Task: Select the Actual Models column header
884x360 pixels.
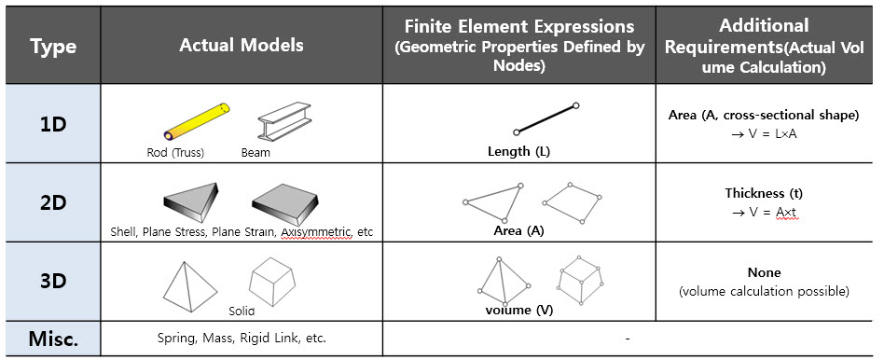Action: tap(242, 45)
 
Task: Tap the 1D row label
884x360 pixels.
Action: tap(53, 123)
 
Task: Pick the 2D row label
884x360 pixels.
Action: tap(53, 202)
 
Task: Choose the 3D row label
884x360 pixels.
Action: tap(53, 282)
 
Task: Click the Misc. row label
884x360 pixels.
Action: tap(53, 339)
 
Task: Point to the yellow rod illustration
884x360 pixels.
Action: tap(197, 120)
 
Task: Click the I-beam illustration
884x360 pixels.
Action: tap(284, 120)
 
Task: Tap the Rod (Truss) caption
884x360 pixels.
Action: tap(175, 152)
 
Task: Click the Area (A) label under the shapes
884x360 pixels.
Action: tap(518, 230)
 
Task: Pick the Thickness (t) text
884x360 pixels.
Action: tap(764, 193)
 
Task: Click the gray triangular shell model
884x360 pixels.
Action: tap(190, 200)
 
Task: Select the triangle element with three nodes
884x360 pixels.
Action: tap(492, 202)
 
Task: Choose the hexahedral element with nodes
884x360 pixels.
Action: tap(581, 281)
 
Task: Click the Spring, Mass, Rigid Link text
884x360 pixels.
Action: tap(242, 339)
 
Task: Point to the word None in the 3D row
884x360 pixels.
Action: tap(764, 272)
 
